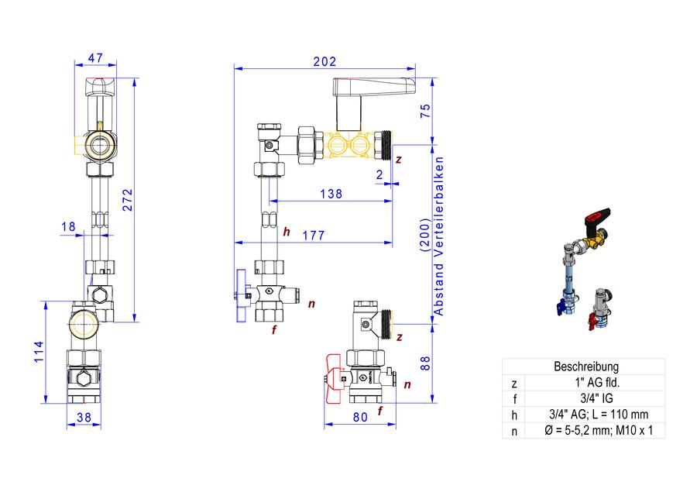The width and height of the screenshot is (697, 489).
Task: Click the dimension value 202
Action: tap(324, 61)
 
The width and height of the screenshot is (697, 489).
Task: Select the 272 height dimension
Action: tap(128, 200)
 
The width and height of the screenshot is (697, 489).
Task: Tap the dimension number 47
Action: tap(95, 58)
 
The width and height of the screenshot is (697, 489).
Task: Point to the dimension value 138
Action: tap(331, 194)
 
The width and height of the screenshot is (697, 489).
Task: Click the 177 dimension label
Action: tap(314, 235)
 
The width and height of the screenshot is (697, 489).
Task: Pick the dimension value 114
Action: tap(39, 352)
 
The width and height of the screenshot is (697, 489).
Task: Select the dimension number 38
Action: tap(84, 418)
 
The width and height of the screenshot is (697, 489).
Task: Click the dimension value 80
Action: tap(360, 417)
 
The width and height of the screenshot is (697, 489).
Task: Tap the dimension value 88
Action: tap(425, 363)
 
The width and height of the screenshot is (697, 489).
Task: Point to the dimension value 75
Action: tap(425, 110)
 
